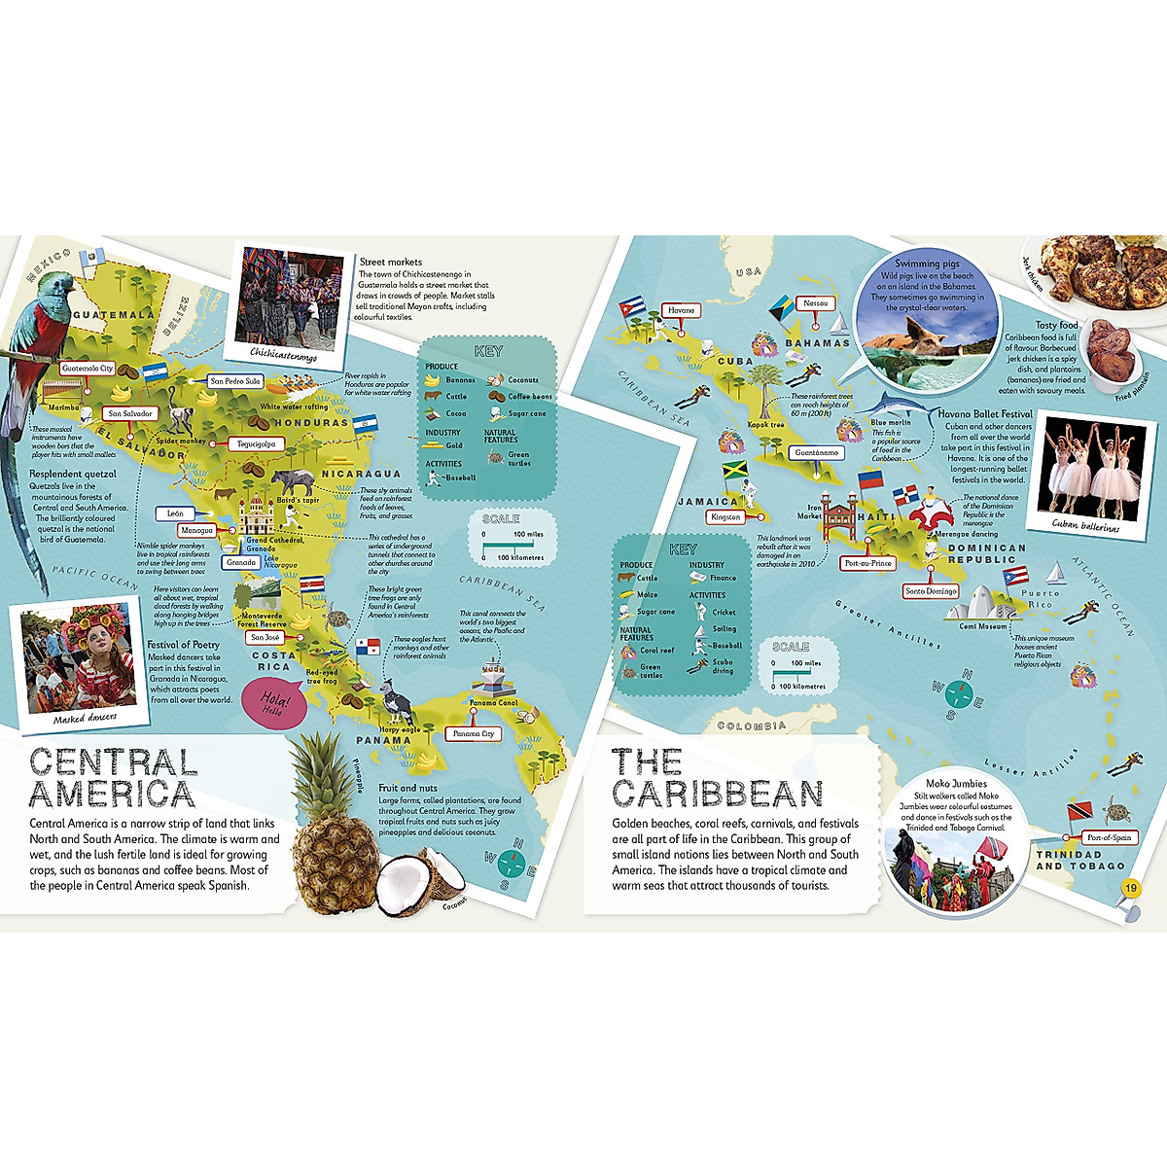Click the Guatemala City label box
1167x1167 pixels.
coord(88,369)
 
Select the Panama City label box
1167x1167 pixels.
coord(474,734)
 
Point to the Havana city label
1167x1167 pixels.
coord(681,311)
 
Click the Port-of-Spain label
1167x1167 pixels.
coord(1109,837)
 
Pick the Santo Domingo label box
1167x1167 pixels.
coord(931,591)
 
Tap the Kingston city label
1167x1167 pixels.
coord(725,517)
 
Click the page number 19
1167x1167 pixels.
coord(1129,888)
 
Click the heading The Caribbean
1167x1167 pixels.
coord(717,778)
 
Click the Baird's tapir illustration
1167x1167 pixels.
coord(290,481)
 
